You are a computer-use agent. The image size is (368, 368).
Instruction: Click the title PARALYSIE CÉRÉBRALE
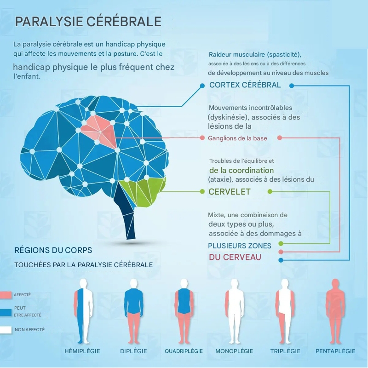tap(88, 22)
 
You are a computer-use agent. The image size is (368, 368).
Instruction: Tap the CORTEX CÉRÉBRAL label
tap(245, 85)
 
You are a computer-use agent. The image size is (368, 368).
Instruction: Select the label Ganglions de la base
tap(237, 138)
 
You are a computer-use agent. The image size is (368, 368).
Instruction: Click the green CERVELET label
tap(230, 192)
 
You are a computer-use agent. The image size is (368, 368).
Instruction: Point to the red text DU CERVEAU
tap(235, 257)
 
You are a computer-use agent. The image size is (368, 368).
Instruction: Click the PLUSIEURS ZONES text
tap(240, 246)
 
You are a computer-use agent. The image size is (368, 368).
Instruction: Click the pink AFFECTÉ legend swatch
tap(6, 295)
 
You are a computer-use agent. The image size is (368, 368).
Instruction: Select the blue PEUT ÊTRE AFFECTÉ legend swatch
tap(6, 312)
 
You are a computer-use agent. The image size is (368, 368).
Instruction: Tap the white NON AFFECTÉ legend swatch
tap(6, 330)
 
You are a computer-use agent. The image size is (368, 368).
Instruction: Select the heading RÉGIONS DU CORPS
tap(53, 251)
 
